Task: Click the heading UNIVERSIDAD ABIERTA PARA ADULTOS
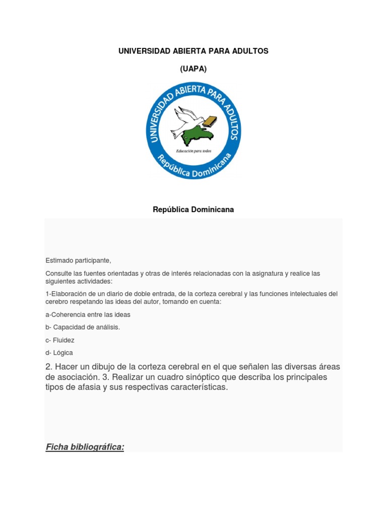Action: (193, 51)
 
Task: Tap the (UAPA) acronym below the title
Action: (193, 70)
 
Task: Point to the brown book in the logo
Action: (211, 121)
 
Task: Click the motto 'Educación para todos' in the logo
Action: (193, 151)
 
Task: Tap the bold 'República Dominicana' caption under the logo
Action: (193, 209)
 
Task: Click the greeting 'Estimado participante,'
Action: (78, 261)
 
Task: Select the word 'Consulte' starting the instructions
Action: (58, 273)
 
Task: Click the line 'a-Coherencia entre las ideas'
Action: (88, 314)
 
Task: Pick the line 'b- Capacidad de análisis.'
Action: (83, 327)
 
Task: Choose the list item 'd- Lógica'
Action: (59, 353)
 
